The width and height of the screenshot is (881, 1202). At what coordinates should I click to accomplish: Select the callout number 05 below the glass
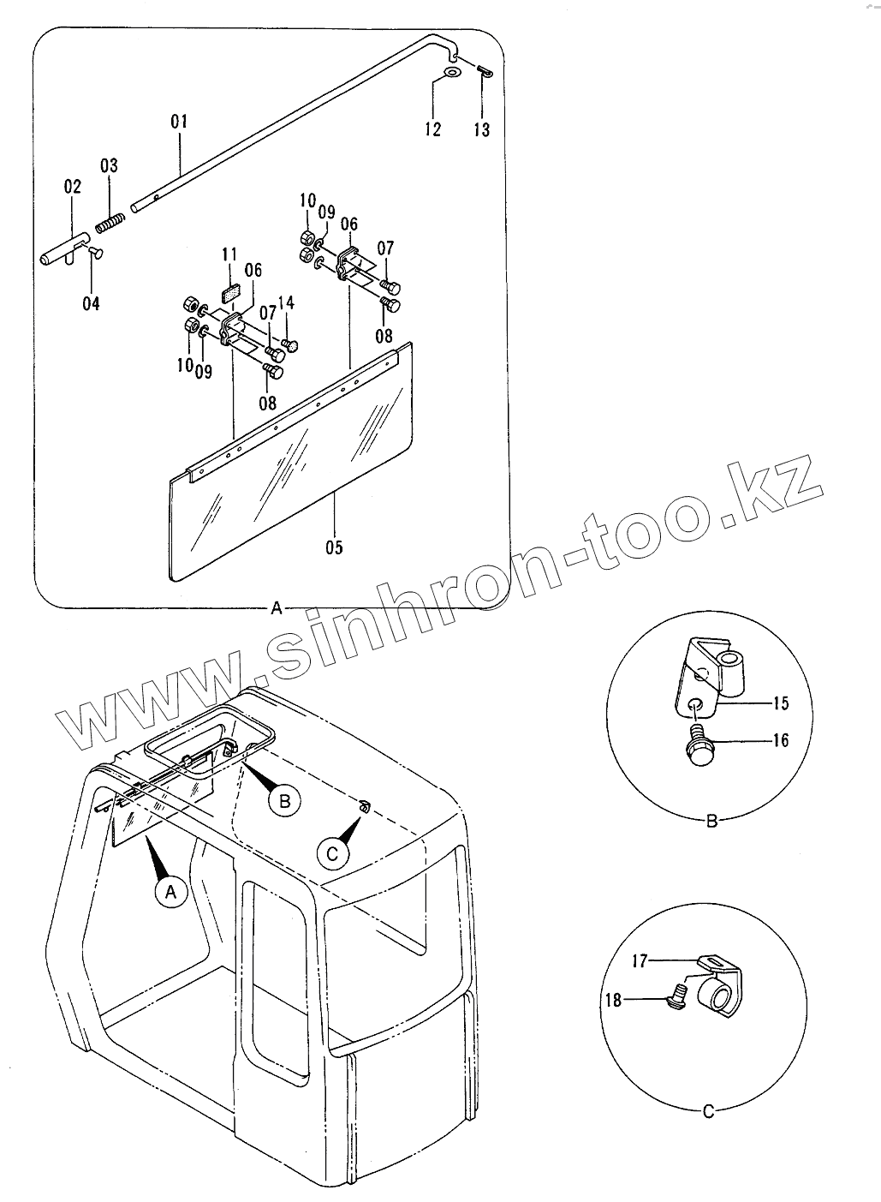[334, 546]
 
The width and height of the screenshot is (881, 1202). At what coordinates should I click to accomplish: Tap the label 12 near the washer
[432, 129]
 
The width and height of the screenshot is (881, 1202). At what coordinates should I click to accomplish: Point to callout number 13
[482, 129]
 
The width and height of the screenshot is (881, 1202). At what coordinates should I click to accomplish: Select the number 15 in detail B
[780, 703]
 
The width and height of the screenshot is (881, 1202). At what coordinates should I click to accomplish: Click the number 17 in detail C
[640, 961]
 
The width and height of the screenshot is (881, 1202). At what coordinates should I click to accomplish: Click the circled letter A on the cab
[170, 892]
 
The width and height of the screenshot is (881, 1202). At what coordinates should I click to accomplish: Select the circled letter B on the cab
[284, 801]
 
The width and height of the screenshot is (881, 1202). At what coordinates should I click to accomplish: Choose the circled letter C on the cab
[333, 852]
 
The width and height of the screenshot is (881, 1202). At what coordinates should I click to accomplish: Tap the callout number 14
[286, 302]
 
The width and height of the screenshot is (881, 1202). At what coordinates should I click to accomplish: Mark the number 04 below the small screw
[91, 303]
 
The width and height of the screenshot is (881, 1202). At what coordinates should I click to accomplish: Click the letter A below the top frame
[276, 608]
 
